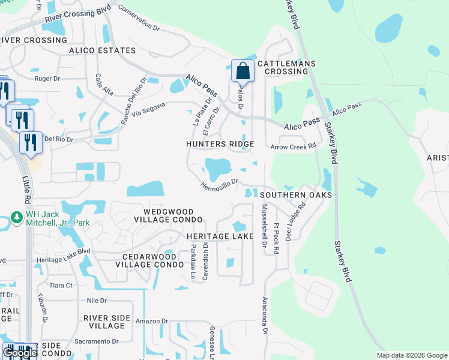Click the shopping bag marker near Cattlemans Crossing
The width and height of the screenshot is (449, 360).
243,71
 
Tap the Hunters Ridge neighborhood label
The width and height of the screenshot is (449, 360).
220,145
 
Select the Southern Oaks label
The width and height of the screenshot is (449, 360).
296,195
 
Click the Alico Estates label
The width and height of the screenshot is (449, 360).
102,51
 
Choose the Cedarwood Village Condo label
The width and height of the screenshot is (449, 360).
148,260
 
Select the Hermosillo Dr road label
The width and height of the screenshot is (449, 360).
220,184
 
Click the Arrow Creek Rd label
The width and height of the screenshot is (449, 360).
293,146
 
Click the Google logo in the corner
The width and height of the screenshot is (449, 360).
20,353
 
